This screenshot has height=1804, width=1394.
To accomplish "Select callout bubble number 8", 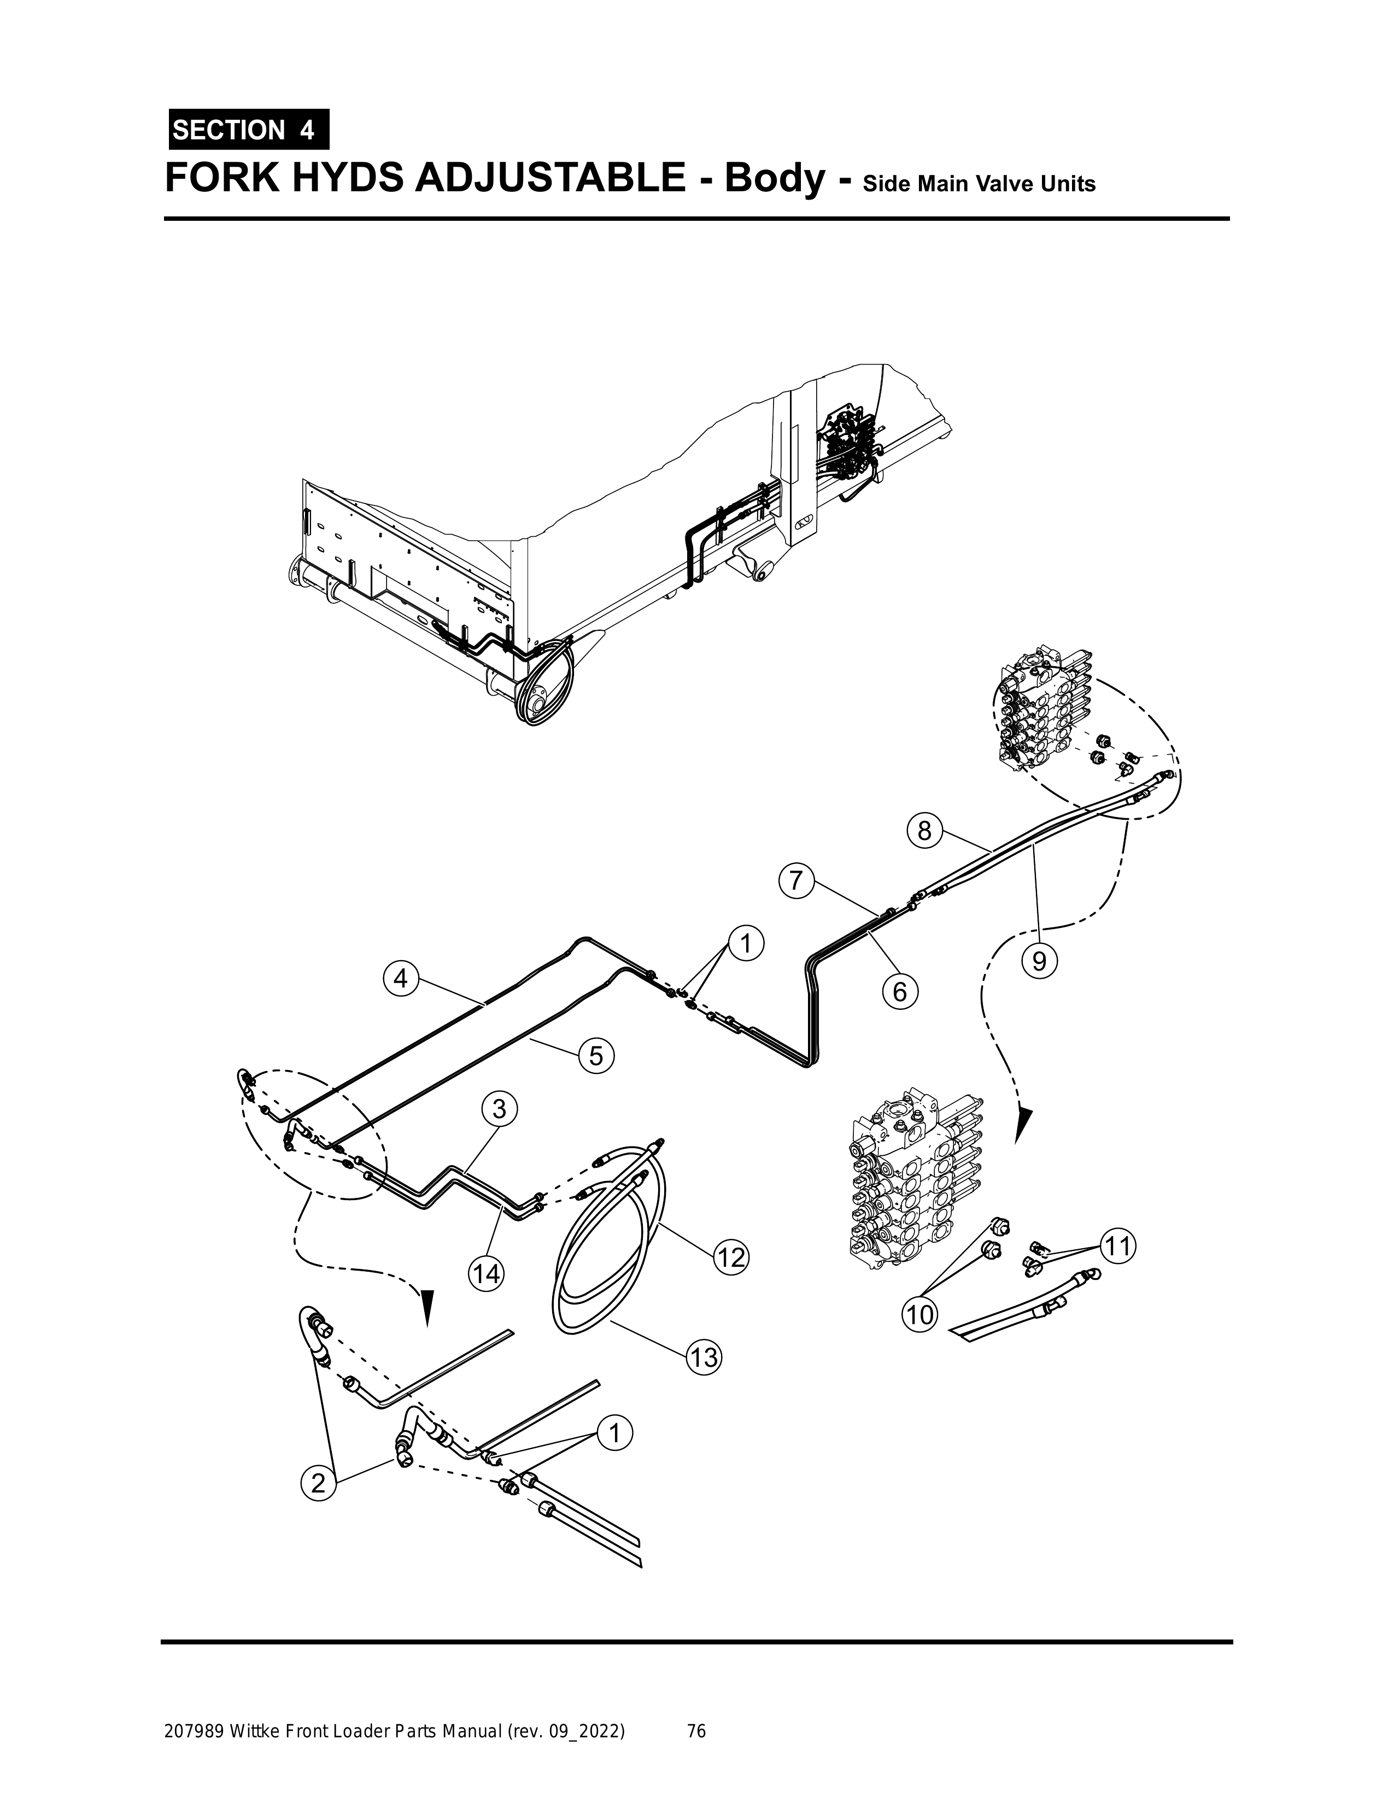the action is tap(924, 830).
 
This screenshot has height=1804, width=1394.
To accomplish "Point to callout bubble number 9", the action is tap(1040, 961).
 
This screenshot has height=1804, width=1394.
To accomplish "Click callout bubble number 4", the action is tap(401, 979).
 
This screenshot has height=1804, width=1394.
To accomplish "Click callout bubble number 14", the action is tap(486, 1274).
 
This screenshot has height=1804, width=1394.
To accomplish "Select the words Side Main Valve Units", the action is tap(979, 184).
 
